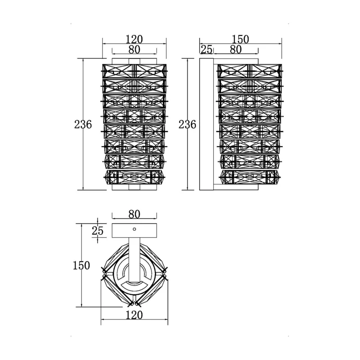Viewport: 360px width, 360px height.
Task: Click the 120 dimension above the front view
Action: [x=134, y=39]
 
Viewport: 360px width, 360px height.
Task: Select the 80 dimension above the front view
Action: [x=134, y=49]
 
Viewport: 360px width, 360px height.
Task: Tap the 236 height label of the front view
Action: [x=83, y=125]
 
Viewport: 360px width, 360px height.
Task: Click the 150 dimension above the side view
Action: [x=240, y=39]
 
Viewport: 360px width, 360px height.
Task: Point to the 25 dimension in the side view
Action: [x=207, y=49]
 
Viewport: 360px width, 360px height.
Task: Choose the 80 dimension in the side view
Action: [x=236, y=49]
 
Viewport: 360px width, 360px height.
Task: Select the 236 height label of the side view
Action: [x=187, y=125]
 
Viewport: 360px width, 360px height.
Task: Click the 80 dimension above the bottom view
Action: [x=134, y=214]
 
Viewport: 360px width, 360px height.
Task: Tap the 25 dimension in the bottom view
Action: [x=98, y=231]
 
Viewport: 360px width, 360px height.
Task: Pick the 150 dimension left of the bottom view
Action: [x=81, y=265]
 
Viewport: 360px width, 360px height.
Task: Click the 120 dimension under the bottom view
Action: [x=134, y=315]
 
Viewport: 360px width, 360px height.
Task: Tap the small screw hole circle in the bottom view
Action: [x=134, y=229]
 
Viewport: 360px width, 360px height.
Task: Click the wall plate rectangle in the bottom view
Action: [x=134, y=230]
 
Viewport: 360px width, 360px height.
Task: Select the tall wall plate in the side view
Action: [x=207, y=124]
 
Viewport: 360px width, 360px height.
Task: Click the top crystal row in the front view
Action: [x=134, y=71]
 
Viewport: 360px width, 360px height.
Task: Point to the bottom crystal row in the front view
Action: [x=134, y=177]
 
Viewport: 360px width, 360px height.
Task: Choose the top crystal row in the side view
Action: [x=250, y=71]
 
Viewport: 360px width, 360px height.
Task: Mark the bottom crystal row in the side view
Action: [x=250, y=177]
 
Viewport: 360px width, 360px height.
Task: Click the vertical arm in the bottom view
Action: [x=134, y=260]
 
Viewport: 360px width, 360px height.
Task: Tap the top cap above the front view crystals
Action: [x=134, y=61]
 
